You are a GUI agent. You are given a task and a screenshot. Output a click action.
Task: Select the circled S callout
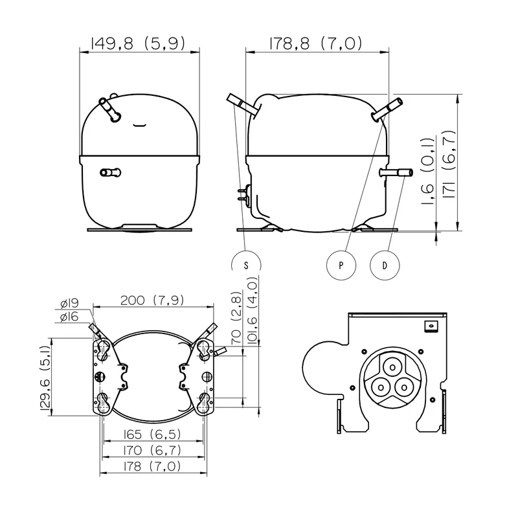(246, 265)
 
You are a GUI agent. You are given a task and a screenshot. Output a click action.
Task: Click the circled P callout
(341, 265)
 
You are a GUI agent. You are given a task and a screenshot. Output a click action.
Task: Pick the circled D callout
(385, 265)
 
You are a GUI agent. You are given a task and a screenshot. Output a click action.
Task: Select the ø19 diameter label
(69, 303)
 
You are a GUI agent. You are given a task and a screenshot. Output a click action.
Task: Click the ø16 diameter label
(69, 317)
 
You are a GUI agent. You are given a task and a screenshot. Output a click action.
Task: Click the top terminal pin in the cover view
(392, 367)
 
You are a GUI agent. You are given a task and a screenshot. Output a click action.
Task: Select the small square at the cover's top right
(431, 326)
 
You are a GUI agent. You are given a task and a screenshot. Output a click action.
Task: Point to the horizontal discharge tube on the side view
(396, 173)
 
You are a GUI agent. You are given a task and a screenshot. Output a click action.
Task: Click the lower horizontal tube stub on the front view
(110, 172)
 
